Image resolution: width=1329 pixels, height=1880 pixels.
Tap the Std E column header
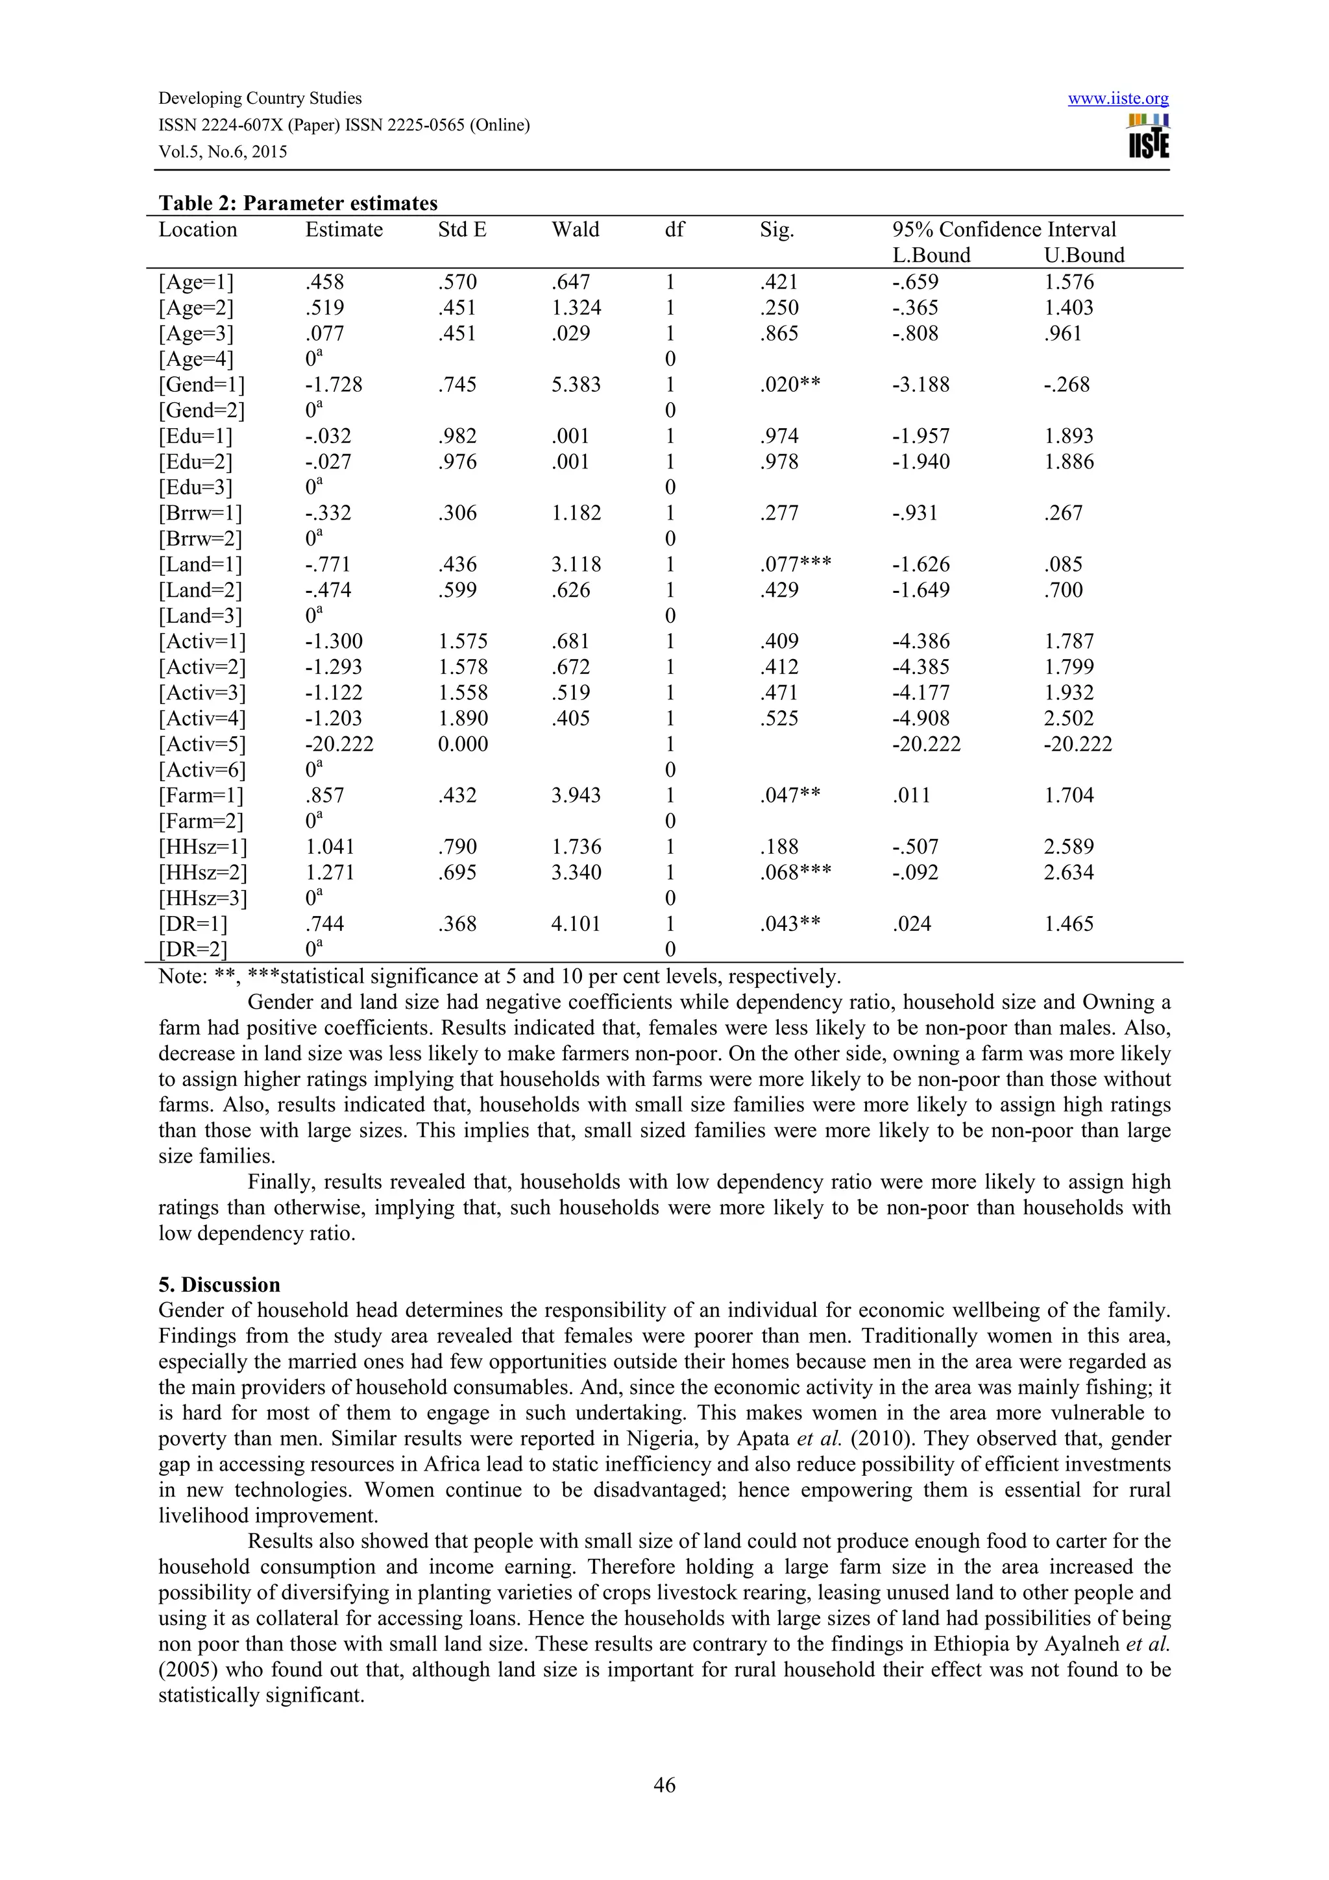pyautogui.click(x=462, y=230)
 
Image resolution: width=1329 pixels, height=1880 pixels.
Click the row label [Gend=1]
pyautogui.click(x=201, y=385)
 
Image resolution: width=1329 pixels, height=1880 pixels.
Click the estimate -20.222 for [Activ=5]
pyautogui.click(x=339, y=744)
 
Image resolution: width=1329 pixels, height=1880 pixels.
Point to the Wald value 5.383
pyautogui.click(x=576, y=385)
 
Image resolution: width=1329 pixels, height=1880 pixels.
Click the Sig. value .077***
pyautogui.click(x=794, y=565)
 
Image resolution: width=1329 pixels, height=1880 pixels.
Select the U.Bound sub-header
pyautogui.click(x=1083, y=256)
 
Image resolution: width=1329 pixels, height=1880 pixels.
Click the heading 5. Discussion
pyautogui.click(x=219, y=1284)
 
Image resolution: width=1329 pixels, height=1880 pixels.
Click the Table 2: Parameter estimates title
pyautogui.click(x=298, y=203)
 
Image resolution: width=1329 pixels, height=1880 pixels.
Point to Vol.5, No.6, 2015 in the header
pyautogui.click(x=223, y=152)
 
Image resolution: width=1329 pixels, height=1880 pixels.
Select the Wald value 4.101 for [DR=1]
pyautogui.click(x=576, y=924)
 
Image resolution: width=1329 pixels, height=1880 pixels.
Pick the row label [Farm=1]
pyautogui.click(x=201, y=796)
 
